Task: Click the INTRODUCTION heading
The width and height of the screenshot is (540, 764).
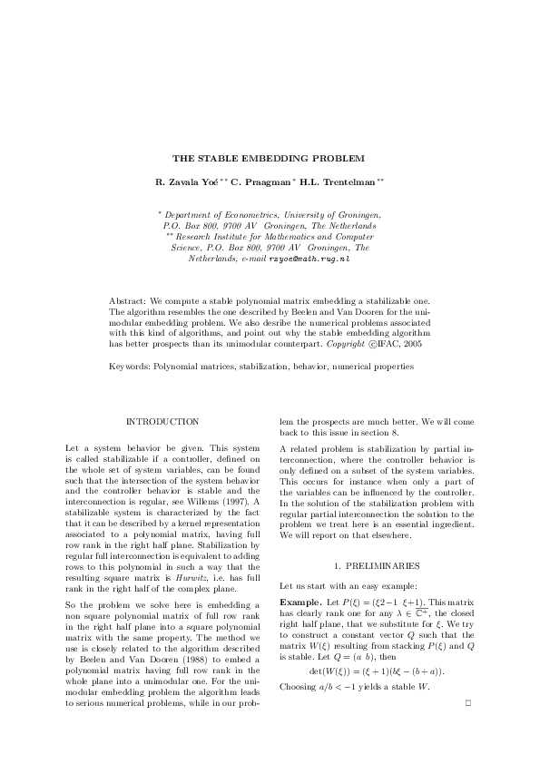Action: point(162,422)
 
